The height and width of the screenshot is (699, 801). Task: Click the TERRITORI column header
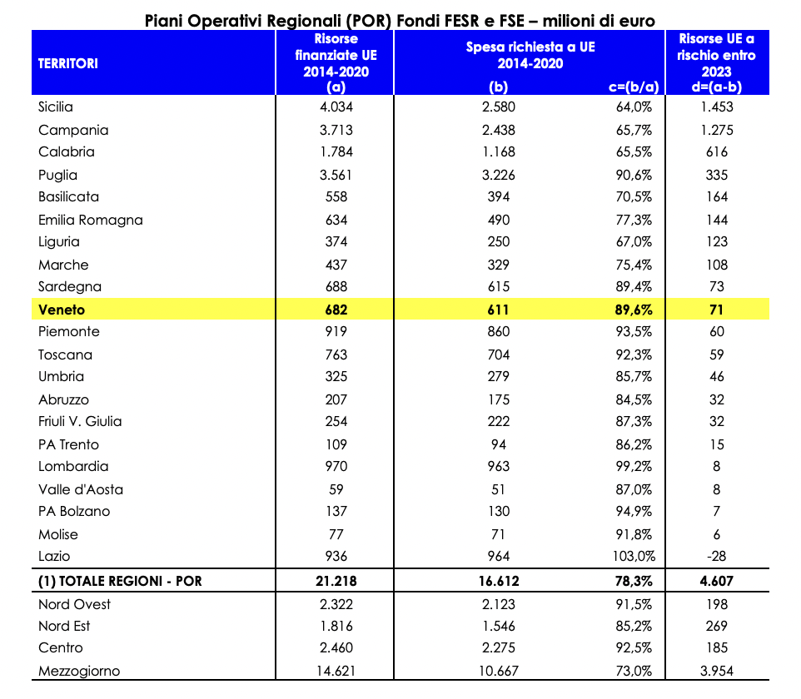coord(68,64)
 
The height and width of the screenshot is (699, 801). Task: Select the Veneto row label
coord(62,310)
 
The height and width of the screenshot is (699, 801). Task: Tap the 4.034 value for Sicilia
coord(336,107)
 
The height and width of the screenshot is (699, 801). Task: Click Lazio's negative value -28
coord(716,556)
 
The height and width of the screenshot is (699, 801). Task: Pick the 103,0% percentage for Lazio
coord(634,556)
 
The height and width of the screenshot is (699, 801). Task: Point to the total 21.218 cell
coord(336,581)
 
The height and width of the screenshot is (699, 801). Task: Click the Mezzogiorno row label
coord(79,671)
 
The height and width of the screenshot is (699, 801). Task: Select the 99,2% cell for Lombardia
coord(634,466)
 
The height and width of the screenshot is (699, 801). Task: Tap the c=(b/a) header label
coord(634,87)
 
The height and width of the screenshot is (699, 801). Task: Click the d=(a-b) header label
coord(716,87)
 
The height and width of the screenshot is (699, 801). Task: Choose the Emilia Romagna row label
coord(91,220)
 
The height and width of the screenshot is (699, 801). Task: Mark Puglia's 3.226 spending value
coord(498,175)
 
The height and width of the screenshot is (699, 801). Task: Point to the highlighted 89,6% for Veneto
coord(634,310)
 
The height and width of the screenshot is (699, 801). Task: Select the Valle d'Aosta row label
coord(81,489)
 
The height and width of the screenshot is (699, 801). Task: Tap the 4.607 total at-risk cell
coord(716,581)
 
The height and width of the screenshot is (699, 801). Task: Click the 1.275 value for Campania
coord(716,130)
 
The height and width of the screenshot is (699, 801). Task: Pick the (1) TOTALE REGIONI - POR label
coord(120,581)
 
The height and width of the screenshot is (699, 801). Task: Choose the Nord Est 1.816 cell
coord(336,626)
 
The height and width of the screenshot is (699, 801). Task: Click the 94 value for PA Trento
coord(498,444)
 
